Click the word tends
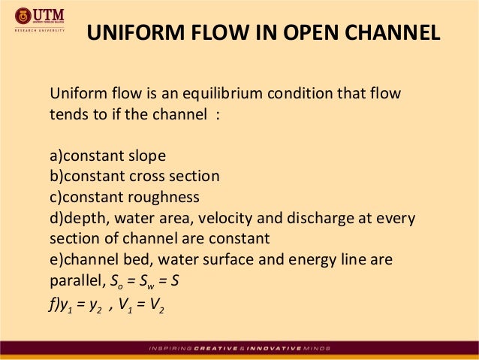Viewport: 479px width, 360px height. coord(68,115)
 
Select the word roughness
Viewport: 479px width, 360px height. coord(162,197)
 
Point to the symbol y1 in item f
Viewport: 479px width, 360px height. coord(64,302)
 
